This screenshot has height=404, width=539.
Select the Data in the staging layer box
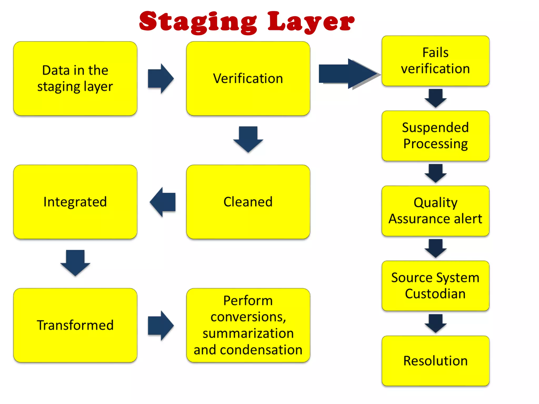[x=75, y=78]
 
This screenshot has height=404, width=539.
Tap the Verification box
[x=248, y=78]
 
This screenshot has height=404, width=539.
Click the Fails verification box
[x=435, y=61]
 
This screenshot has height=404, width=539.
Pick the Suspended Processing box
[x=435, y=136]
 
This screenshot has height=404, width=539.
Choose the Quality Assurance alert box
[x=435, y=211]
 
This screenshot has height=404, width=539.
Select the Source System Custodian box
[x=435, y=286]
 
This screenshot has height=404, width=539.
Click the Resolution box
[x=435, y=361]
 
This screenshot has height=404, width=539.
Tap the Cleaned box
[x=248, y=202]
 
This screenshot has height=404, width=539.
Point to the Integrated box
[x=75, y=202]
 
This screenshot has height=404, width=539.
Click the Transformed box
[x=75, y=325]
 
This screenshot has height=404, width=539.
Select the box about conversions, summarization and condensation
[x=248, y=325]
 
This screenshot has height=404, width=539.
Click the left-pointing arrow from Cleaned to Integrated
[x=163, y=202]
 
